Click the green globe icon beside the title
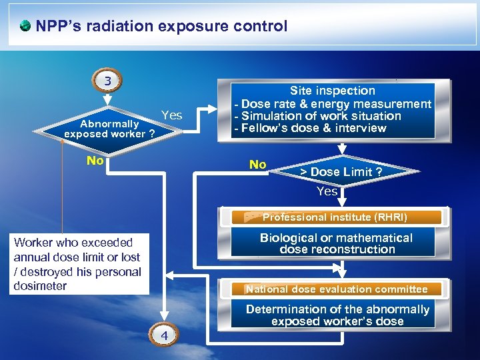coord(25,27)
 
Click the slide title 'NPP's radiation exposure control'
coord(161,27)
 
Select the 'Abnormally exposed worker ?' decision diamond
coord(109,128)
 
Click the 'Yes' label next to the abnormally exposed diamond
coord(171,115)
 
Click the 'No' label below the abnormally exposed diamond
coord(96,161)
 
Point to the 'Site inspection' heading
coord(332,91)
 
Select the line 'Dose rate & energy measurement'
coord(336,104)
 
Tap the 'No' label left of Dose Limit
coord(257,165)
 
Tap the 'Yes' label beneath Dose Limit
coord(327,191)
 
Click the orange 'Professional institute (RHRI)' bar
coord(335,217)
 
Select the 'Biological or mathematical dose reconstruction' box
coord(336,243)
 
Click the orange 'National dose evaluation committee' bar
coord(337,289)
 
